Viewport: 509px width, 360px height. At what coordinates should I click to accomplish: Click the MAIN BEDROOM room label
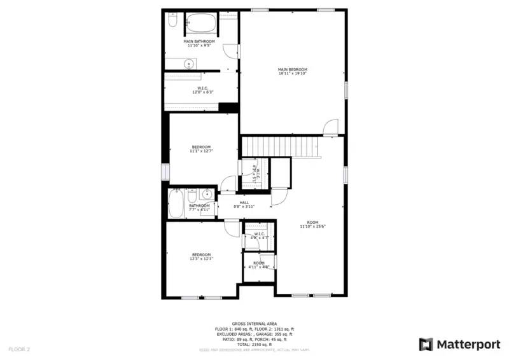pos(292,71)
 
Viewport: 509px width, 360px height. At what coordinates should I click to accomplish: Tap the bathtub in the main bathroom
pos(201,25)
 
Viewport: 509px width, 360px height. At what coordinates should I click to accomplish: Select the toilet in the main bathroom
pos(172,22)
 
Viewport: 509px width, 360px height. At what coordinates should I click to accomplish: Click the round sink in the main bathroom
pos(188,63)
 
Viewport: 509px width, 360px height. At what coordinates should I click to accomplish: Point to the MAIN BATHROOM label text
pos(199,43)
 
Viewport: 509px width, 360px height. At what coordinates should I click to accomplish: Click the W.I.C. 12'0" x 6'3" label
pos(202,90)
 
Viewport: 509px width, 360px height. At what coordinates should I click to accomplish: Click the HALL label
pos(244,204)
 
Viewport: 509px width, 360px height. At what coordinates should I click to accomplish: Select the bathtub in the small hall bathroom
pos(176,204)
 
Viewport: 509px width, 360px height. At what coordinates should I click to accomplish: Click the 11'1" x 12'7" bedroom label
pos(200,149)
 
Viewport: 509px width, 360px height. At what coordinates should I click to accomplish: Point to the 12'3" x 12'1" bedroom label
pos(201,256)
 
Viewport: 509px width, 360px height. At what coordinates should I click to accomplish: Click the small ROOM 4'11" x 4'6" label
pos(259,265)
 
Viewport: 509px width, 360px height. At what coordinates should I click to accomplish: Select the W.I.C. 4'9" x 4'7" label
pos(259,235)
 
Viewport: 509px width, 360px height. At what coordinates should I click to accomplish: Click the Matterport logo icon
pos(426,344)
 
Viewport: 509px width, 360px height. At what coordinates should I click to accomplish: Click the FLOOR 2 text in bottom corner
pos(20,349)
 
